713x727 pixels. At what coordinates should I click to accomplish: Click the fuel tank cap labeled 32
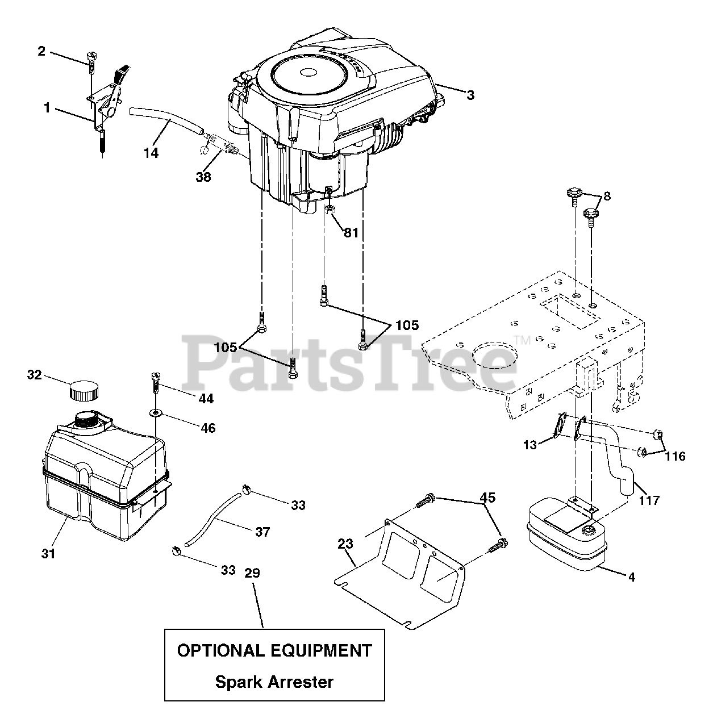(84, 390)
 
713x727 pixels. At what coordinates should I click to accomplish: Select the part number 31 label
(48, 552)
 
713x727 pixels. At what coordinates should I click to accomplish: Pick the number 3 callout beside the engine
(470, 95)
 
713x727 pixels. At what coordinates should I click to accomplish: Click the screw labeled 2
(91, 59)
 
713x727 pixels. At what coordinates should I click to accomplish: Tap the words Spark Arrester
(274, 682)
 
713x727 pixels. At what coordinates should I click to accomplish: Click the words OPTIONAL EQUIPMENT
(274, 650)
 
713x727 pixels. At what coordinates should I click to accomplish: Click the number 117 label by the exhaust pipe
(649, 500)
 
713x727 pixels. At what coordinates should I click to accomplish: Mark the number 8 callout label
(607, 197)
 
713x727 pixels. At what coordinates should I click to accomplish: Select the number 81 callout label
(351, 232)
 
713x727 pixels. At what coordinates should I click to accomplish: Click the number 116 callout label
(674, 456)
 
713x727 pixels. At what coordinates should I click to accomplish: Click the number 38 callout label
(203, 177)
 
